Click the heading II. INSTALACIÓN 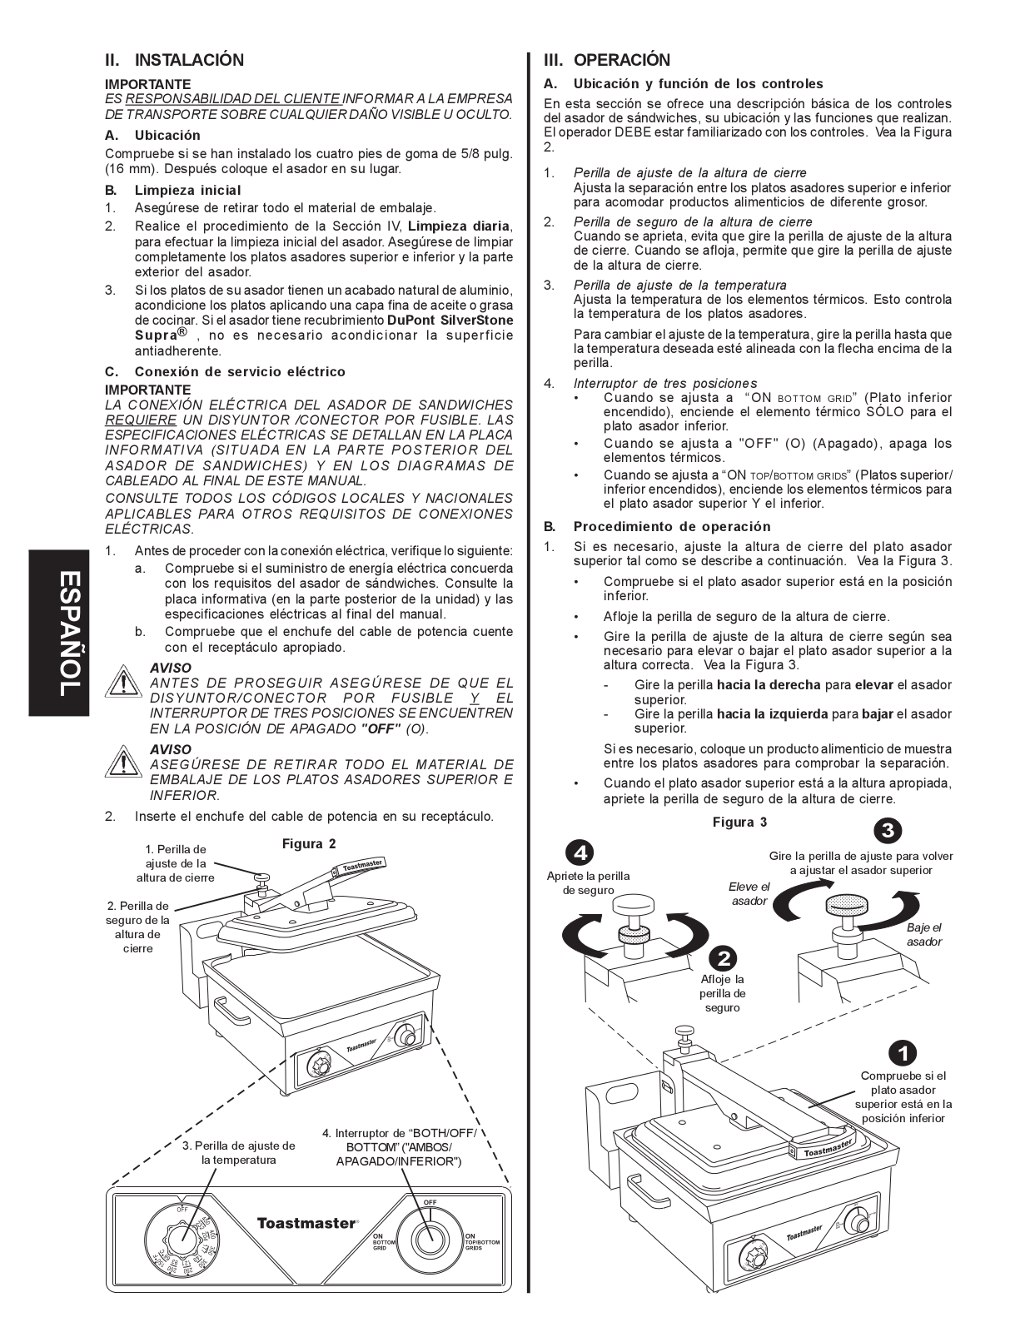point(175,60)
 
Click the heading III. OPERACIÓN point(607,60)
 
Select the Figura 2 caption point(309,843)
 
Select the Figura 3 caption point(739,823)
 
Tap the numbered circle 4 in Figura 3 point(580,852)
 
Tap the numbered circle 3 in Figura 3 point(888,830)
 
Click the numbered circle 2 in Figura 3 point(723,957)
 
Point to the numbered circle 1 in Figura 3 point(903,1052)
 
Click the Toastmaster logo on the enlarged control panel point(307,1223)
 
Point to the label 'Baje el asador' point(923,934)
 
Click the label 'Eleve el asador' point(749,893)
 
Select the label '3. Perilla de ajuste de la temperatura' point(238,1152)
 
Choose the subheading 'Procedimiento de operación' point(671,526)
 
